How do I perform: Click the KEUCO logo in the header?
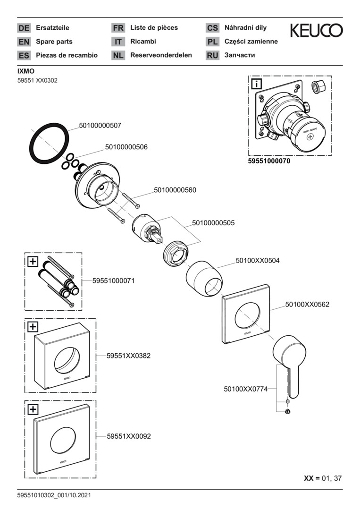[316, 31]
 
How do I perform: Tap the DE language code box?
[24, 28]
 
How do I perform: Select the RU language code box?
[212, 55]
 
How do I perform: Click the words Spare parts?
[54, 42]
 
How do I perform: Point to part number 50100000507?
[100, 126]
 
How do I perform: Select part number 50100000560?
[175, 190]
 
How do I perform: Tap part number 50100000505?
[213, 222]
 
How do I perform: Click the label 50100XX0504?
[258, 260]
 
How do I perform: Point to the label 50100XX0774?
[245, 389]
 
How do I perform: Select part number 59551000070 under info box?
[269, 161]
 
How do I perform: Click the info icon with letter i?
[257, 85]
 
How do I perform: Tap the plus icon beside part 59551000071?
[33, 261]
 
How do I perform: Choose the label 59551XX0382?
[128, 356]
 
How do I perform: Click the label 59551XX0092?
[128, 437]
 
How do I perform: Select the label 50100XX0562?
[307, 305]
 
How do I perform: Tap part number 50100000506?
[126, 147]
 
